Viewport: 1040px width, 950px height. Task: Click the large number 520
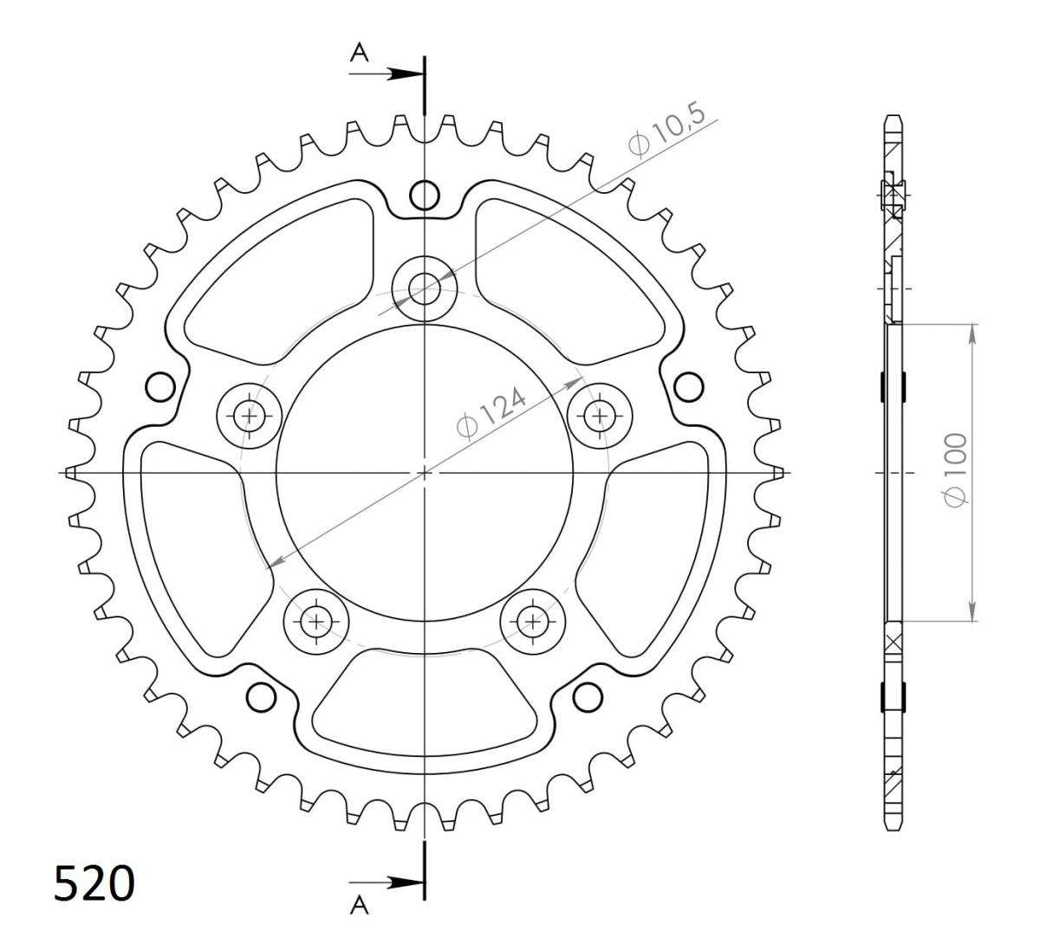94,882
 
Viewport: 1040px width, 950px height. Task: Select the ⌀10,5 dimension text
666,131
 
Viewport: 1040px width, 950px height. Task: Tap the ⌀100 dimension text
954,469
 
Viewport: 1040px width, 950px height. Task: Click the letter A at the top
360,52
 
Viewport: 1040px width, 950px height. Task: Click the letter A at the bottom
360,920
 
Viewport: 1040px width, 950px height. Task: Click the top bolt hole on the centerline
424,288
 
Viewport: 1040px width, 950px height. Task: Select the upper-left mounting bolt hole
250,415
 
